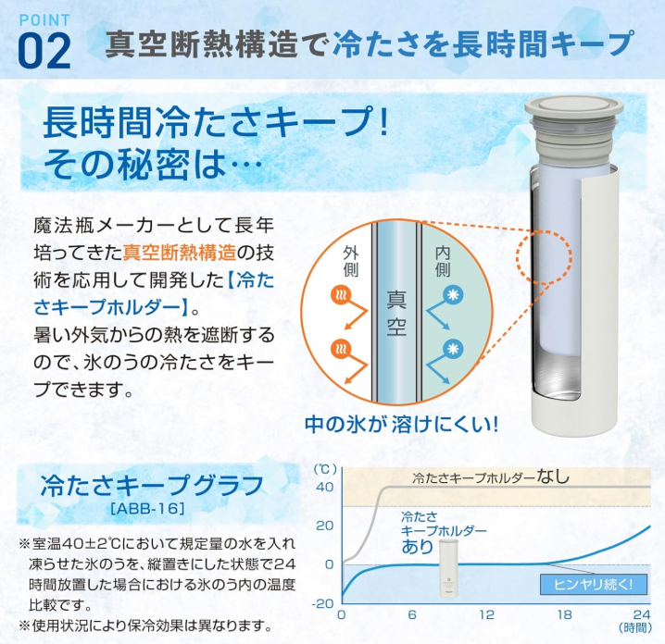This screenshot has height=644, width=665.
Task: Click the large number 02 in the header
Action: point(44,51)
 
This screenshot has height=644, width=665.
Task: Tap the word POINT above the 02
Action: point(44,20)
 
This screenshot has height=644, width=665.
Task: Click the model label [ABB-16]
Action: point(147,508)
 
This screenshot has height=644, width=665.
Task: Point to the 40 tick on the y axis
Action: point(325,487)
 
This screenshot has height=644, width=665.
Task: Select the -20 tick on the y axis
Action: point(323,603)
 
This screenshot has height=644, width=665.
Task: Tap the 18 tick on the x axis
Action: point(564,614)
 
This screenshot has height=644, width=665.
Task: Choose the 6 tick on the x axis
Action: point(412,614)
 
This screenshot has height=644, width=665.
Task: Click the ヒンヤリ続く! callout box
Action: point(594,585)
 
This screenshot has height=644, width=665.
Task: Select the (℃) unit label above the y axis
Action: point(325,469)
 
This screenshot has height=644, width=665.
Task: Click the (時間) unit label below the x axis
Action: point(634,627)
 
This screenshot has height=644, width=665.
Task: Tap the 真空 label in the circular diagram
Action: point(396,313)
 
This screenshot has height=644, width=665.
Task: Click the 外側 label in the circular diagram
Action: point(350,262)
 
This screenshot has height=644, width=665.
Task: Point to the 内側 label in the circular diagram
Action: point(443,262)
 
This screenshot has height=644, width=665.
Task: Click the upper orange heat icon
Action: point(341,295)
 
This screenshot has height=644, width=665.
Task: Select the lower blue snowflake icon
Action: point(453,349)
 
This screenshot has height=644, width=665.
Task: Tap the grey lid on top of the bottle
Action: point(573,107)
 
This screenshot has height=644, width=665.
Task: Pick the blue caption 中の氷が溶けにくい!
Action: point(401,424)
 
